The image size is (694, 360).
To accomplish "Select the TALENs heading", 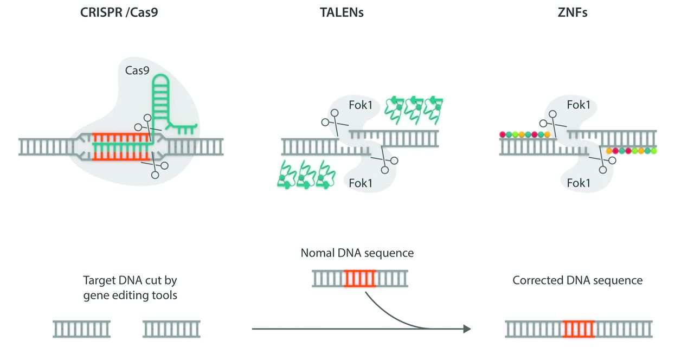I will (x=342, y=12).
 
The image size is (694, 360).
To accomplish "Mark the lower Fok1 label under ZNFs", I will (x=578, y=183).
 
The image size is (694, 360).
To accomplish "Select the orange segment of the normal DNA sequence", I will (x=359, y=279).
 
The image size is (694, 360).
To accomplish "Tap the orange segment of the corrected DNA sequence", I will (x=579, y=329).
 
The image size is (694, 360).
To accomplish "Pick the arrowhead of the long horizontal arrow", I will (x=465, y=329).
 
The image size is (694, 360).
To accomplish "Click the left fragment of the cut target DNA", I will (x=82, y=329).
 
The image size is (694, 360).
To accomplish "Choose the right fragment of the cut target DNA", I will (x=171, y=329).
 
